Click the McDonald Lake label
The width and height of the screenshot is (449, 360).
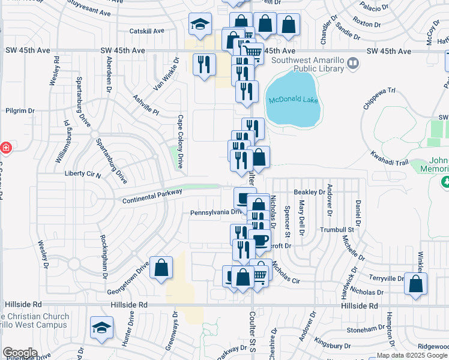click(293, 100)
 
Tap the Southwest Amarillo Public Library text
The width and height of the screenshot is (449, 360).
click(307, 64)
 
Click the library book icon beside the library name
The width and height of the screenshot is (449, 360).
click(353, 61)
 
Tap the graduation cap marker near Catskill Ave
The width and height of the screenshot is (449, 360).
click(200, 25)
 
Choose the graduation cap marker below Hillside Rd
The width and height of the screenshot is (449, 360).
click(101, 327)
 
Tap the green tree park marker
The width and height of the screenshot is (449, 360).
click(445, 181)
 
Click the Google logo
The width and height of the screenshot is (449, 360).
click(20, 353)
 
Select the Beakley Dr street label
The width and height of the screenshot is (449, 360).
click(309, 192)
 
